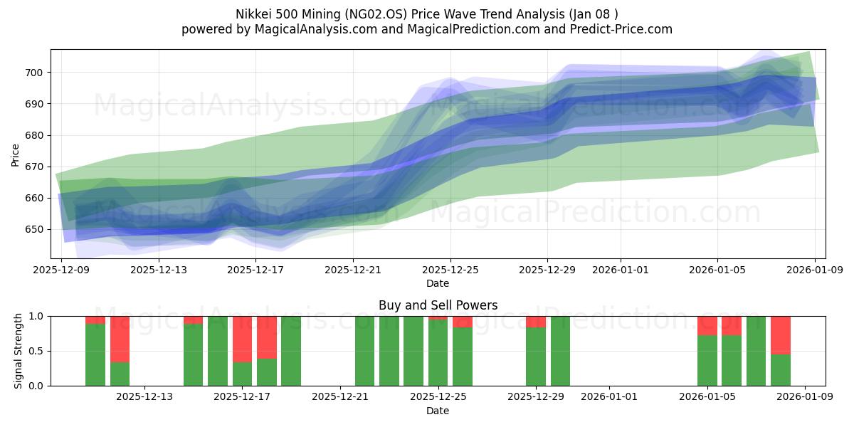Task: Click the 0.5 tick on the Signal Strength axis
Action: [x=36, y=351]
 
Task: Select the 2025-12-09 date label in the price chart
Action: [x=61, y=270]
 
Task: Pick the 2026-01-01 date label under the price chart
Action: [x=620, y=270]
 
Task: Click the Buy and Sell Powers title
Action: [x=437, y=305]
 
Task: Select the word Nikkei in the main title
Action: [x=253, y=14]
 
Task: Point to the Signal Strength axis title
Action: [x=19, y=351]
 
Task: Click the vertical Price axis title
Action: [x=16, y=154]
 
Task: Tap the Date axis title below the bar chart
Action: [x=437, y=411]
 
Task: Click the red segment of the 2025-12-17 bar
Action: [x=242, y=339]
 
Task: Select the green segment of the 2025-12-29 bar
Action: [x=536, y=356]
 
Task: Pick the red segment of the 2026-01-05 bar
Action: [x=707, y=325]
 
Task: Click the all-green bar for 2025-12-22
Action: [x=364, y=351]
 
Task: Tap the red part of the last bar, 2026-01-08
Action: [x=781, y=334]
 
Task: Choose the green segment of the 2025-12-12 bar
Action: [x=120, y=374]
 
